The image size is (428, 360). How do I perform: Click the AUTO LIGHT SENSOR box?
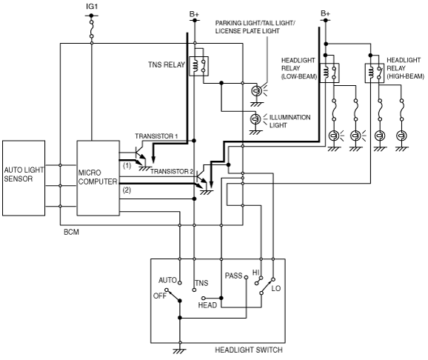point(24,178)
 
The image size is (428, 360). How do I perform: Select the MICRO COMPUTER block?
point(98,178)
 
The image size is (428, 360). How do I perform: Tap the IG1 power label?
point(92,7)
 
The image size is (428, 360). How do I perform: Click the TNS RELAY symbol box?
point(198,66)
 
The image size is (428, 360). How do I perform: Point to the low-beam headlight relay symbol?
point(330,73)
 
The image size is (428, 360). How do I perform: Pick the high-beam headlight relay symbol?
point(375,73)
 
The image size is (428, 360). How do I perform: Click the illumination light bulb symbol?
point(255,119)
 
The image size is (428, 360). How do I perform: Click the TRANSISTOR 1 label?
point(156,136)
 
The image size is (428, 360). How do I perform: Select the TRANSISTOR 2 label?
point(172,172)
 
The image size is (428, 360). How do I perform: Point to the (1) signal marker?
point(127,165)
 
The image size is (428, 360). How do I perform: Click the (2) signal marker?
point(127,190)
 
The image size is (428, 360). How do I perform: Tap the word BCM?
point(71,232)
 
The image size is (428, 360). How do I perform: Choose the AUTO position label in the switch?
point(167,280)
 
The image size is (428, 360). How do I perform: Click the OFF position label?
point(160,296)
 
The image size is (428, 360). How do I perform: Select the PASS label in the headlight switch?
point(234,276)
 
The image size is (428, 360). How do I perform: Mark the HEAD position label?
point(207,305)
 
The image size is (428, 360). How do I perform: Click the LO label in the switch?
point(276,289)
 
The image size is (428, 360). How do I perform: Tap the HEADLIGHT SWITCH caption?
point(249,350)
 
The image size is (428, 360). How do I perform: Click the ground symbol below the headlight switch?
point(180,351)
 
